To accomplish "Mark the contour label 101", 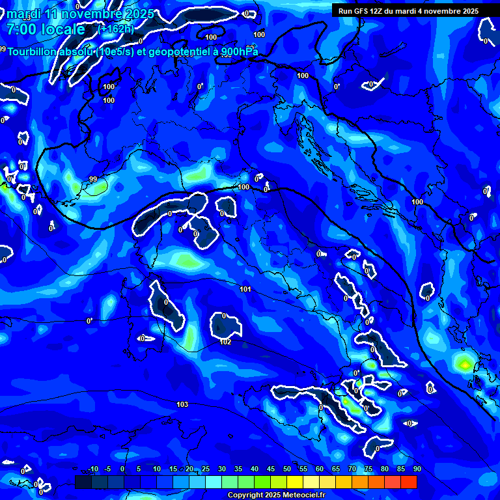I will (245, 289).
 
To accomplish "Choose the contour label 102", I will (226, 342).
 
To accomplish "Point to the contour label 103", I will (182, 404).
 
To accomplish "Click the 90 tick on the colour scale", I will (417, 469).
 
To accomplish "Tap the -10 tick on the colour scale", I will (93, 469).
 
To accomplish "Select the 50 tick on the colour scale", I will (287, 469).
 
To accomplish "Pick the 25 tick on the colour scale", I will (205, 469).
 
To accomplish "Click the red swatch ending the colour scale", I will (409, 482).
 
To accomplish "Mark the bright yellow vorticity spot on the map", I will (464, 365).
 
